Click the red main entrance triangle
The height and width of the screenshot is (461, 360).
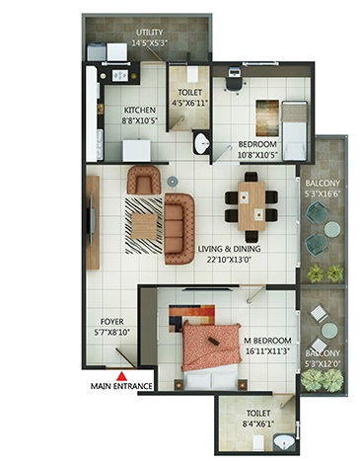coord(122,376)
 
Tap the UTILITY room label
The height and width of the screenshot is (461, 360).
coord(150,33)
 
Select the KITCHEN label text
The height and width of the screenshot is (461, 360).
coord(139,110)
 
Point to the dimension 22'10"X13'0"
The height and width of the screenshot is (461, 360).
coord(229,260)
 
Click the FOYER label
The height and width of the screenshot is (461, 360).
coord(112,322)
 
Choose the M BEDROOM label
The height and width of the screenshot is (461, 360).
coord(267,341)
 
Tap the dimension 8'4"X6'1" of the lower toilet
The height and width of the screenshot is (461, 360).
coord(258,423)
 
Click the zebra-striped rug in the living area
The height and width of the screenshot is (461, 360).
coord(144,226)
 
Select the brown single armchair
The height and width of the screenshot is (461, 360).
coord(144,180)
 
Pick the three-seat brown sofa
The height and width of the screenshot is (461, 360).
coord(180,229)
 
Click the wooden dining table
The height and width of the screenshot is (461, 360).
coord(252,205)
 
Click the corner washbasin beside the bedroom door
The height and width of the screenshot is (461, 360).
coord(200,143)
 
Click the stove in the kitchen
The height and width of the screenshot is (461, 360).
coord(119,76)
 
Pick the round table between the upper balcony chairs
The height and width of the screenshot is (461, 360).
coord(332,229)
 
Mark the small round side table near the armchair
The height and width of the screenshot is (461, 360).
coord(172,181)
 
